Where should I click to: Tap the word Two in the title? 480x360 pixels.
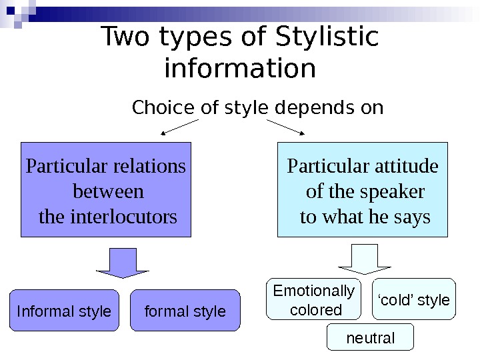click(x=127, y=39)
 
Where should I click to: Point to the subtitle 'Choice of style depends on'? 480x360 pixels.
click(x=258, y=107)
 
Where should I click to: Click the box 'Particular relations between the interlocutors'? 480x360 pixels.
click(x=106, y=190)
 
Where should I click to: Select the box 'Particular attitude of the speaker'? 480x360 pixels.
click(x=363, y=190)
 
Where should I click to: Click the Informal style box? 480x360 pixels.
click(x=64, y=311)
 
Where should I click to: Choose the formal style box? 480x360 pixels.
click(x=185, y=311)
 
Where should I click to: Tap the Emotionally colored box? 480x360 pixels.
click(x=314, y=300)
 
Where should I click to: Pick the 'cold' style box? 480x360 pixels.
click(x=413, y=300)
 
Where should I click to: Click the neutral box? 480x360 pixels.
click(x=371, y=338)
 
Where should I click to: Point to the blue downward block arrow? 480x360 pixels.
click(x=123, y=263)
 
